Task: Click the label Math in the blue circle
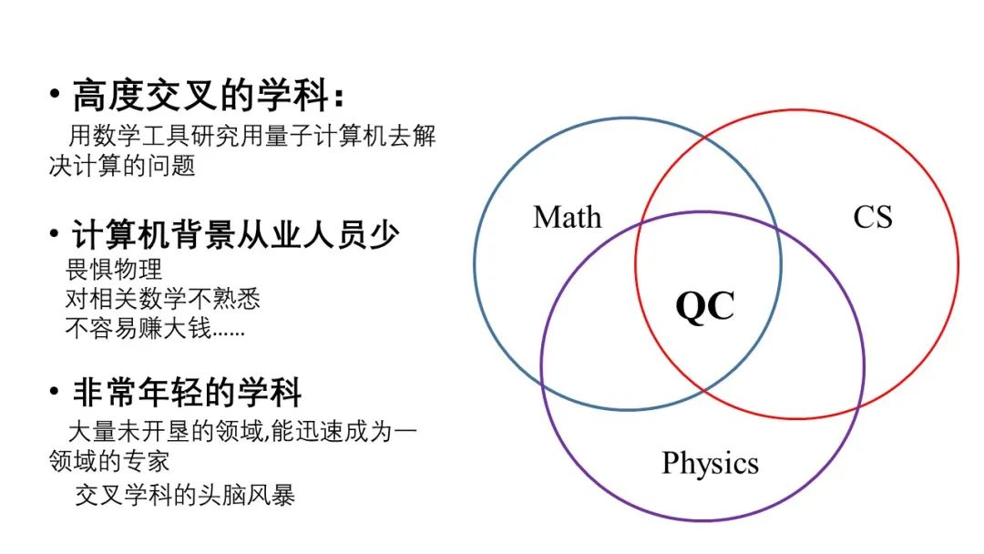pyautogui.click(x=567, y=217)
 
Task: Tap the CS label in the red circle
pyautogui.click(x=872, y=217)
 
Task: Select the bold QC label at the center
pyautogui.click(x=704, y=307)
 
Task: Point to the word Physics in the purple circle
pyautogui.click(x=710, y=463)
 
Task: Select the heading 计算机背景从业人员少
pyautogui.click(x=235, y=235)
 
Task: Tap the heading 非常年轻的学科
pyautogui.click(x=187, y=393)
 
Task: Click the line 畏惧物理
pyautogui.click(x=113, y=270)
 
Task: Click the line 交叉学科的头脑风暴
pyautogui.click(x=184, y=495)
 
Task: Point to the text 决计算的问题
pyautogui.click(x=122, y=167)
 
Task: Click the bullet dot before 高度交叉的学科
pyautogui.click(x=56, y=96)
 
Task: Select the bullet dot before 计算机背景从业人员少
pyautogui.click(x=56, y=235)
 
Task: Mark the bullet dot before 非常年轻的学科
pyautogui.click(x=56, y=393)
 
